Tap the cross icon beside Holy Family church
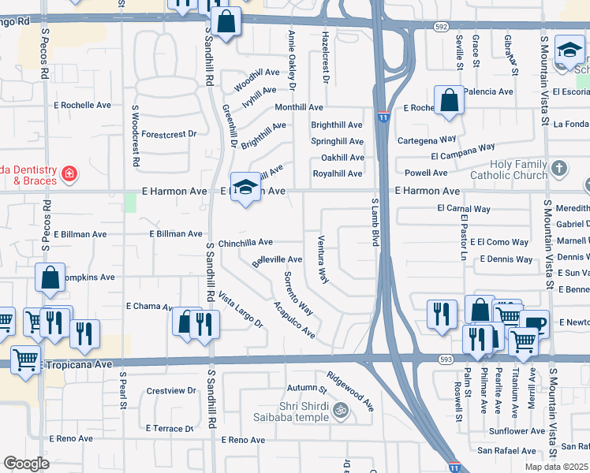[558, 168]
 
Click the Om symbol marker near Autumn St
[342, 410]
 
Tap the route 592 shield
[440, 27]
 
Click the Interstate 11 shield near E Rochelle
[383, 117]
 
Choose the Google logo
[26, 464]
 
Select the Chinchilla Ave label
[245, 243]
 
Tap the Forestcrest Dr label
[169, 134]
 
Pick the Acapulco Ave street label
[294, 320]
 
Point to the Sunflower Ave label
[517, 431]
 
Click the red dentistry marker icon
[69, 173]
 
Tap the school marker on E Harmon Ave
[245, 187]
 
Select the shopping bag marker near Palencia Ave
[449, 101]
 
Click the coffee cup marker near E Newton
[534, 323]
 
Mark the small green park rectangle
[130, 202]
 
